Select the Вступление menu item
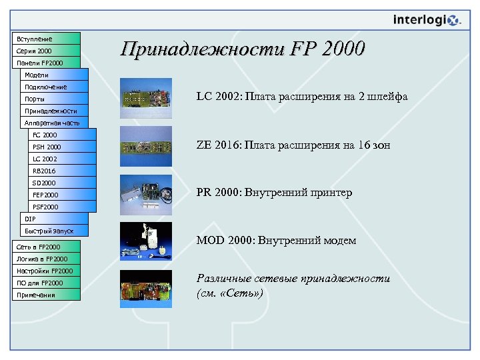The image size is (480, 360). (x=46, y=39)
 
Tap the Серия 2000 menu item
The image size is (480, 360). (x=46, y=51)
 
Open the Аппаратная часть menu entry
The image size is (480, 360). (x=54, y=123)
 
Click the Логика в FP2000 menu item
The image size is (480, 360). (x=46, y=259)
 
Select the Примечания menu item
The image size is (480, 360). (x=46, y=295)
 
